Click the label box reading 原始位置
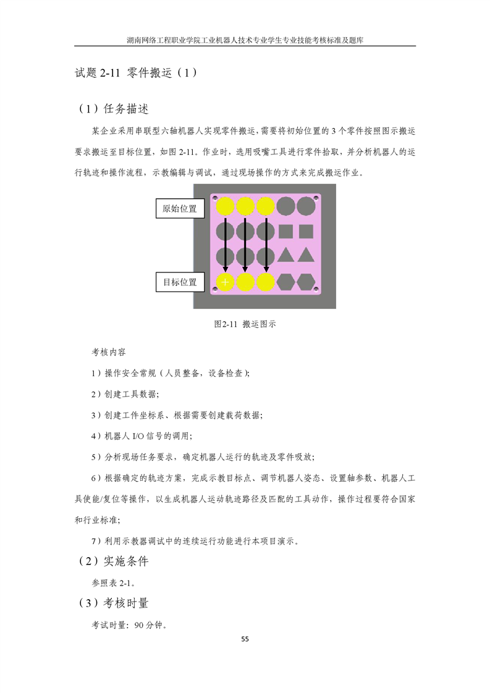180,209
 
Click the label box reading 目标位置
180,282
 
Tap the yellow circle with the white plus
225,282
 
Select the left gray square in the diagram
285,231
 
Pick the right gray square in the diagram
306,231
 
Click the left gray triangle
285,255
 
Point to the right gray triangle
306,255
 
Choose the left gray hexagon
285,282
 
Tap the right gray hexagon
306,282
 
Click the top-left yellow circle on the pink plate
225,206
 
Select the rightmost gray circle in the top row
306,206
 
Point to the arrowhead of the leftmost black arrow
225,269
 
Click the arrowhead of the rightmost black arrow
266,269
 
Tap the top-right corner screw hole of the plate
316,198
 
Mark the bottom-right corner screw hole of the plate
316,290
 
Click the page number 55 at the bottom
245,639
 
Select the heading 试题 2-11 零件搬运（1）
136,73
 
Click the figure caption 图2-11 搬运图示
245,324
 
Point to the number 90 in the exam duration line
139,626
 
